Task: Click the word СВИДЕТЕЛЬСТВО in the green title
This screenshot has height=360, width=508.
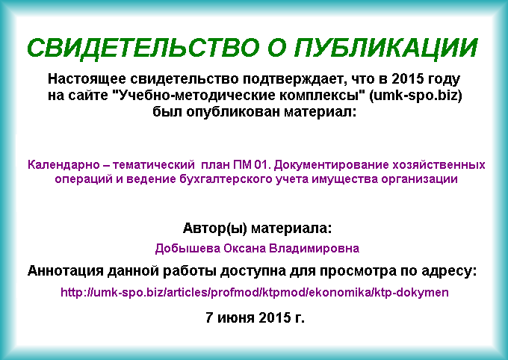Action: tap(143, 49)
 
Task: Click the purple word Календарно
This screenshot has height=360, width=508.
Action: tap(63, 165)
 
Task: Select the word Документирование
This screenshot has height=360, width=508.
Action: tap(331, 165)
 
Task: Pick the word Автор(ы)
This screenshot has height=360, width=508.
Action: tap(215, 229)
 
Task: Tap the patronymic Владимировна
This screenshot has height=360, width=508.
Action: tap(315, 249)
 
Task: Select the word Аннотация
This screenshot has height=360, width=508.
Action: tap(65, 271)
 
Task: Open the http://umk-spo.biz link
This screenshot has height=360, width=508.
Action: tap(255, 293)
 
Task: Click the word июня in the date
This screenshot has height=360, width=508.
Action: tap(236, 318)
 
